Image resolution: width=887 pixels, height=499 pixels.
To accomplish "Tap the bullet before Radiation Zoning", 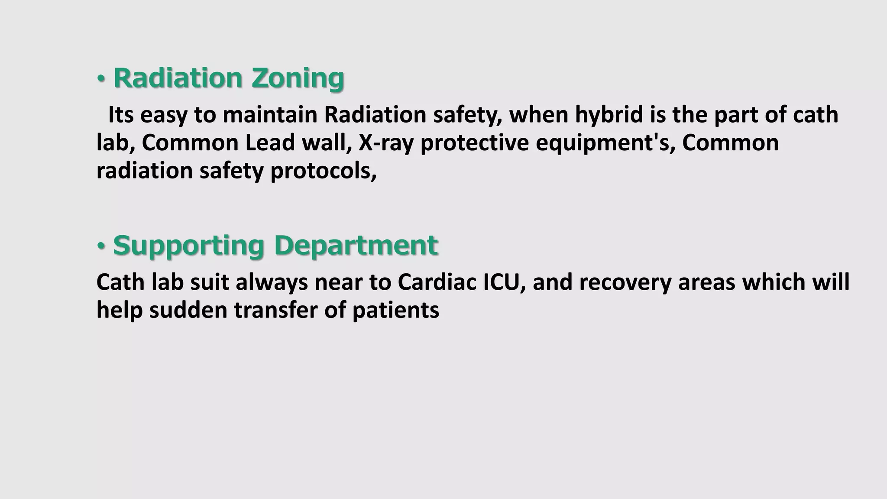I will tap(101, 79).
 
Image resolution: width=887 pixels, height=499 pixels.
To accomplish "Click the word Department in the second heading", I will tap(356, 245).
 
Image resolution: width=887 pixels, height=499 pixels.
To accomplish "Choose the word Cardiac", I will tap(437, 282).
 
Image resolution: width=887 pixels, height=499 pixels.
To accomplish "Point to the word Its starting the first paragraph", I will tap(121, 115).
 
